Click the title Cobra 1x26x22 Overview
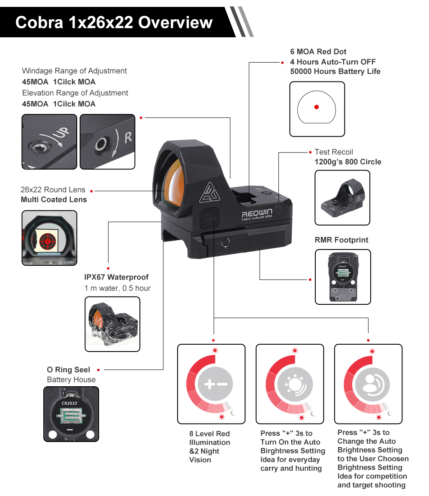coord(114,22)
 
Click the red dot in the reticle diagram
coord(317,107)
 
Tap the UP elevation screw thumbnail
coord(49,141)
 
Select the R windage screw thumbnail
coord(108,141)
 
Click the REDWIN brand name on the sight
coord(257,213)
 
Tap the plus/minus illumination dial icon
coord(215,384)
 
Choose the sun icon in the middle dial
coord(294,384)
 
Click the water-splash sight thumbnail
coord(112,324)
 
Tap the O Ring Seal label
coord(69,370)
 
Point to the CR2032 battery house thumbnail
coord(71,414)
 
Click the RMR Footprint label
coord(341,240)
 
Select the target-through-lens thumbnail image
coord(49,238)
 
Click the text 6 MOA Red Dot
coord(318,52)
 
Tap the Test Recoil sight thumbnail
coord(342,198)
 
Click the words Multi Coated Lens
coord(54,199)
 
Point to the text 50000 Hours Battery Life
coord(335,72)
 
